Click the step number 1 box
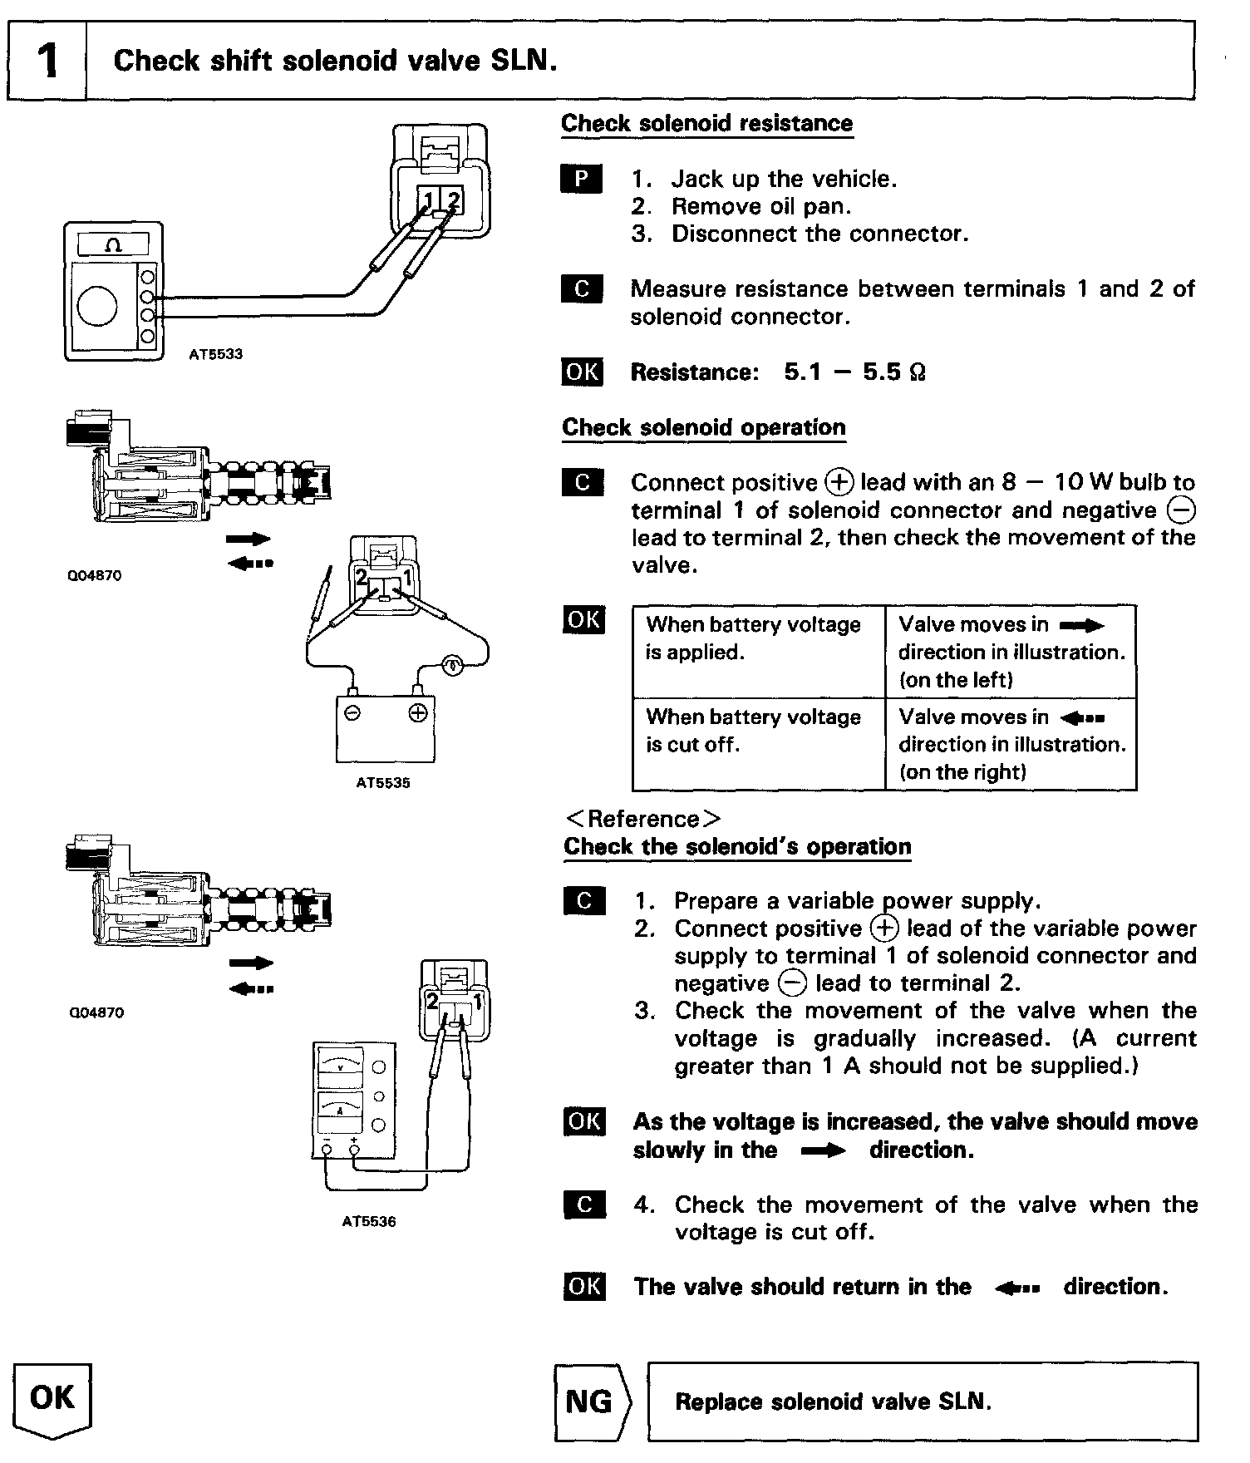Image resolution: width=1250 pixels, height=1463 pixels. [x=47, y=61]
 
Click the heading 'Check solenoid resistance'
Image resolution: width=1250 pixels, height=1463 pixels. [x=706, y=124]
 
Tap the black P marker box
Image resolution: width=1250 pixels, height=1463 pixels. [x=582, y=179]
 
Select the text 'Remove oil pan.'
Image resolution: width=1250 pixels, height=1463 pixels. [x=761, y=206]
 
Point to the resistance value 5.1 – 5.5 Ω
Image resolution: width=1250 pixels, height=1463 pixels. [x=854, y=372]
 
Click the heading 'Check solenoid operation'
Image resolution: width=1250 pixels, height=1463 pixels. [x=703, y=428]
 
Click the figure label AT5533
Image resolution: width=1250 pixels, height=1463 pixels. [x=215, y=354]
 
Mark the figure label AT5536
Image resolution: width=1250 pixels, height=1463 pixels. [x=369, y=1222]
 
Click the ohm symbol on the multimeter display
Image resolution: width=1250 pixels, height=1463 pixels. [x=114, y=244]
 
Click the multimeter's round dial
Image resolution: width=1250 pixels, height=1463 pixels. [x=97, y=307]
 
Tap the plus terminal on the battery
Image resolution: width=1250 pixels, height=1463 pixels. [x=418, y=713]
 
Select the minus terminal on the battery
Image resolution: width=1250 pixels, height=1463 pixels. [x=352, y=713]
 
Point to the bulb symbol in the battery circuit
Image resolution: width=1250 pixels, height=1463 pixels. [x=451, y=666]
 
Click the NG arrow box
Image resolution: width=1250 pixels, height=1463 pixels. [x=592, y=1402]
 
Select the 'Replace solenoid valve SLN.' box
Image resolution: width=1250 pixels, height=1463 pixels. [x=922, y=1402]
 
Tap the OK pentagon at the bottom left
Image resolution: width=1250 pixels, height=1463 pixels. [x=52, y=1400]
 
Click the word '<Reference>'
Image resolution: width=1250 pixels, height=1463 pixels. [x=642, y=819]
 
